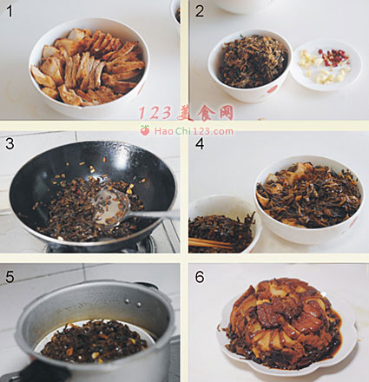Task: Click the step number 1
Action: click(10, 11)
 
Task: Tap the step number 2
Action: click(200, 11)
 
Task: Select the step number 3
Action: click(10, 143)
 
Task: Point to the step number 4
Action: click(200, 143)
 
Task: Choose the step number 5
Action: click(10, 277)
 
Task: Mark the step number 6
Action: click(200, 277)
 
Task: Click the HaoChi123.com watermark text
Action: click(194, 131)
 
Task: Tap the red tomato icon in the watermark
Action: click(145, 130)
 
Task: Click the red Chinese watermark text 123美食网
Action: click(186, 113)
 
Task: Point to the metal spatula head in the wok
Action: click(112, 207)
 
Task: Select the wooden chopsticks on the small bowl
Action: click(211, 244)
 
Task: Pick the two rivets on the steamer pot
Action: click(133, 303)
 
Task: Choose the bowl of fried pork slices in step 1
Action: click(89, 67)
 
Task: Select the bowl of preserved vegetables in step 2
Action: click(250, 65)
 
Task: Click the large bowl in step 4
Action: click(309, 200)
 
